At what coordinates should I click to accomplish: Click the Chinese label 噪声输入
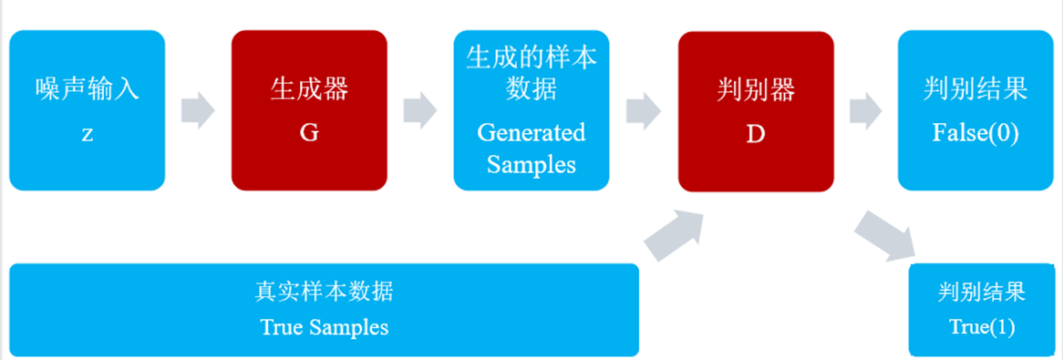[x=87, y=90]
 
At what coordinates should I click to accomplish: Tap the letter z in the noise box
[x=87, y=133]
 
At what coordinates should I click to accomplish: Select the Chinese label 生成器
[x=309, y=90]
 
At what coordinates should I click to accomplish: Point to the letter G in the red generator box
[x=309, y=133]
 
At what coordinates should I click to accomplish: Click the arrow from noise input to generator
[x=198, y=110]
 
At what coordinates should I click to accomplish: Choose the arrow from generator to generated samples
[x=420, y=110]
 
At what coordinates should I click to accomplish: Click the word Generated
[x=531, y=132]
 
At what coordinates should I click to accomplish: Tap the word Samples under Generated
[x=531, y=165]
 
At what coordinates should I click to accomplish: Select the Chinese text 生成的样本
[x=531, y=57]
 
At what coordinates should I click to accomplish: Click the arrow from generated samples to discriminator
[x=644, y=110]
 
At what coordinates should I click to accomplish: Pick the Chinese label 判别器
[x=756, y=90]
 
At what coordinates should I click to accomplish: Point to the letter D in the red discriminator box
[x=756, y=133]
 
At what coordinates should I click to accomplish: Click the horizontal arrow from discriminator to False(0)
[x=866, y=110]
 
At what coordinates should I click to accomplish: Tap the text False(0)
[x=975, y=133]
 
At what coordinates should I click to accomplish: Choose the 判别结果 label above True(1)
[x=982, y=293]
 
